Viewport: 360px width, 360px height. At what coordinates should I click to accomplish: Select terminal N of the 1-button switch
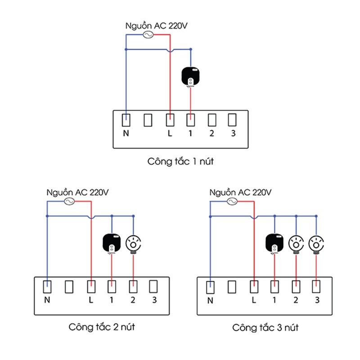[127, 120]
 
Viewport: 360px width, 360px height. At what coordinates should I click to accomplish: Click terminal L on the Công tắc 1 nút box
[170, 120]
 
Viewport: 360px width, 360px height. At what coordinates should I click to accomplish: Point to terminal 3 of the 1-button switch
[232, 120]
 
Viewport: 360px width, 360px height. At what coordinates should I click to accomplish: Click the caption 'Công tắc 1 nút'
[180, 161]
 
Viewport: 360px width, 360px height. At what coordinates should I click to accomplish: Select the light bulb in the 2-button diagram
[133, 244]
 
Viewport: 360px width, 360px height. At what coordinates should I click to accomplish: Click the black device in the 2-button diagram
[112, 243]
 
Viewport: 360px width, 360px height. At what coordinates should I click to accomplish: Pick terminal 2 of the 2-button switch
[133, 286]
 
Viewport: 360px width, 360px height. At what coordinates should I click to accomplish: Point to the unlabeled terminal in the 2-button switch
[69, 286]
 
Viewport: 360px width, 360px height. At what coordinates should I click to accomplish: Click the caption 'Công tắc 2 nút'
[102, 327]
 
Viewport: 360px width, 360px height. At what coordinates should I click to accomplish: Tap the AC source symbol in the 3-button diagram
[232, 202]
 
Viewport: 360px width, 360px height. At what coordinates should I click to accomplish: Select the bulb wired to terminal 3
[316, 244]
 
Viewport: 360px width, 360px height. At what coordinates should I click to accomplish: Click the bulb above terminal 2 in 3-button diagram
[296, 244]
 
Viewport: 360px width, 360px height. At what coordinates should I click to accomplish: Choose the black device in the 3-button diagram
[274, 243]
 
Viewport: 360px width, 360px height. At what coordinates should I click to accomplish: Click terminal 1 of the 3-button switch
[274, 286]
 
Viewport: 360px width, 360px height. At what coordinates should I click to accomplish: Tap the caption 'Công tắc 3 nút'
[265, 327]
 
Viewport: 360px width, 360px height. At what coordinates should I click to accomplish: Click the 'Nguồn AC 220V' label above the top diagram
[156, 26]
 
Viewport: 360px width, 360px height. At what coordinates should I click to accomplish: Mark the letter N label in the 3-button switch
[210, 300]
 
